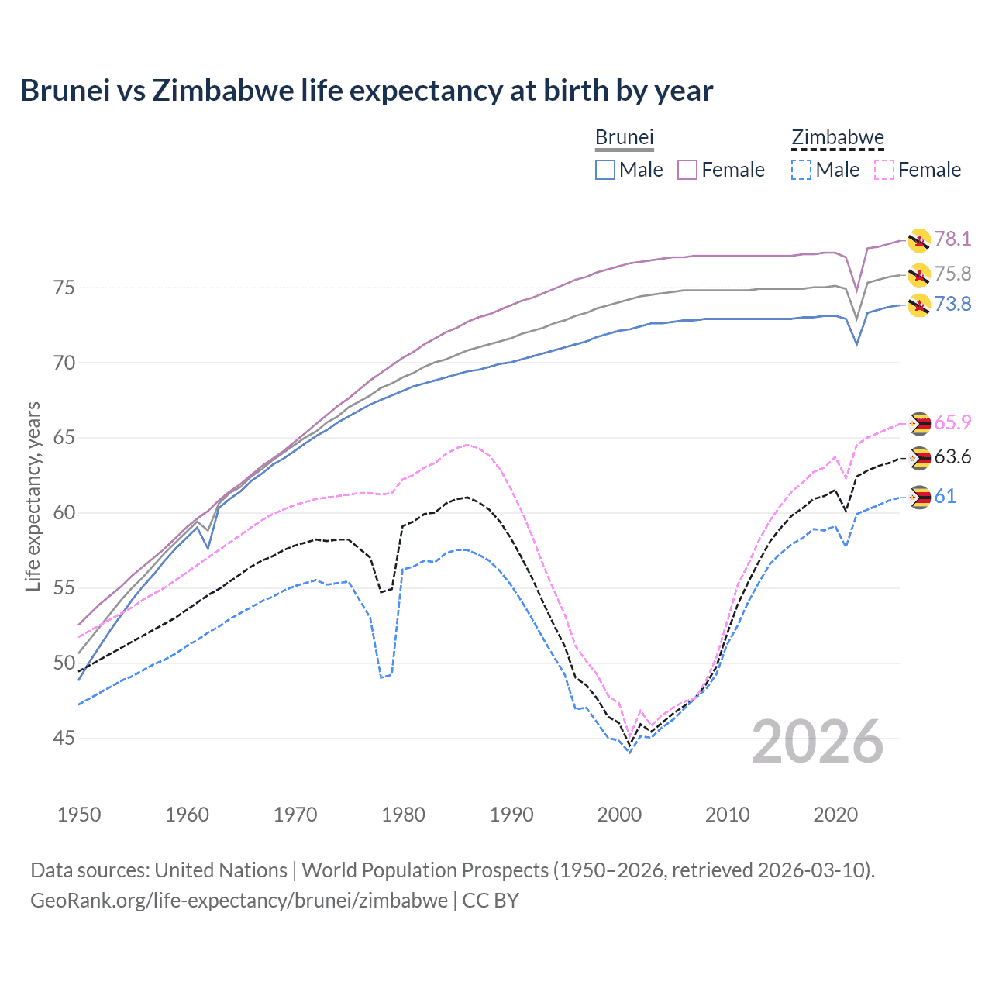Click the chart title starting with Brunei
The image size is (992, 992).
(367, 91)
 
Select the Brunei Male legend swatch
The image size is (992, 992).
(605, 170)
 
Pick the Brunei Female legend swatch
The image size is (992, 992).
(687, 170)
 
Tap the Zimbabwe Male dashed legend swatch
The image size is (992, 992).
(801, 170)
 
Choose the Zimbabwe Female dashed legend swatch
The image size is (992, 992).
(884, 170)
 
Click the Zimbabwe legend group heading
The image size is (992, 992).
(837, 137)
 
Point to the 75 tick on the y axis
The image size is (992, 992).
(64, 288)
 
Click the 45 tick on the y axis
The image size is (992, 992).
(64, 739)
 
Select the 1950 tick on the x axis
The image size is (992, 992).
(79, 815)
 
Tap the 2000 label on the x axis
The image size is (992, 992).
(619, 815)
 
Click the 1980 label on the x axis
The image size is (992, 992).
(403, 815)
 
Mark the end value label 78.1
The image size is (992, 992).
(952, 239)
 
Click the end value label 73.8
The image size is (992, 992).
(952, 304)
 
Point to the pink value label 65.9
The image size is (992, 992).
(952, 422)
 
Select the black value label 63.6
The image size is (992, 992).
(952, 457)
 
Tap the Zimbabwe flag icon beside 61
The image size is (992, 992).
(919, 497)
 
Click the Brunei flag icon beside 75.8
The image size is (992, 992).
(919, 274)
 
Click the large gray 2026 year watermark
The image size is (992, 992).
(818, 742)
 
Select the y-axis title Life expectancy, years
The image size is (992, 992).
(33, 496)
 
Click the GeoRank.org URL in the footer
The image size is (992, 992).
(239, 901)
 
